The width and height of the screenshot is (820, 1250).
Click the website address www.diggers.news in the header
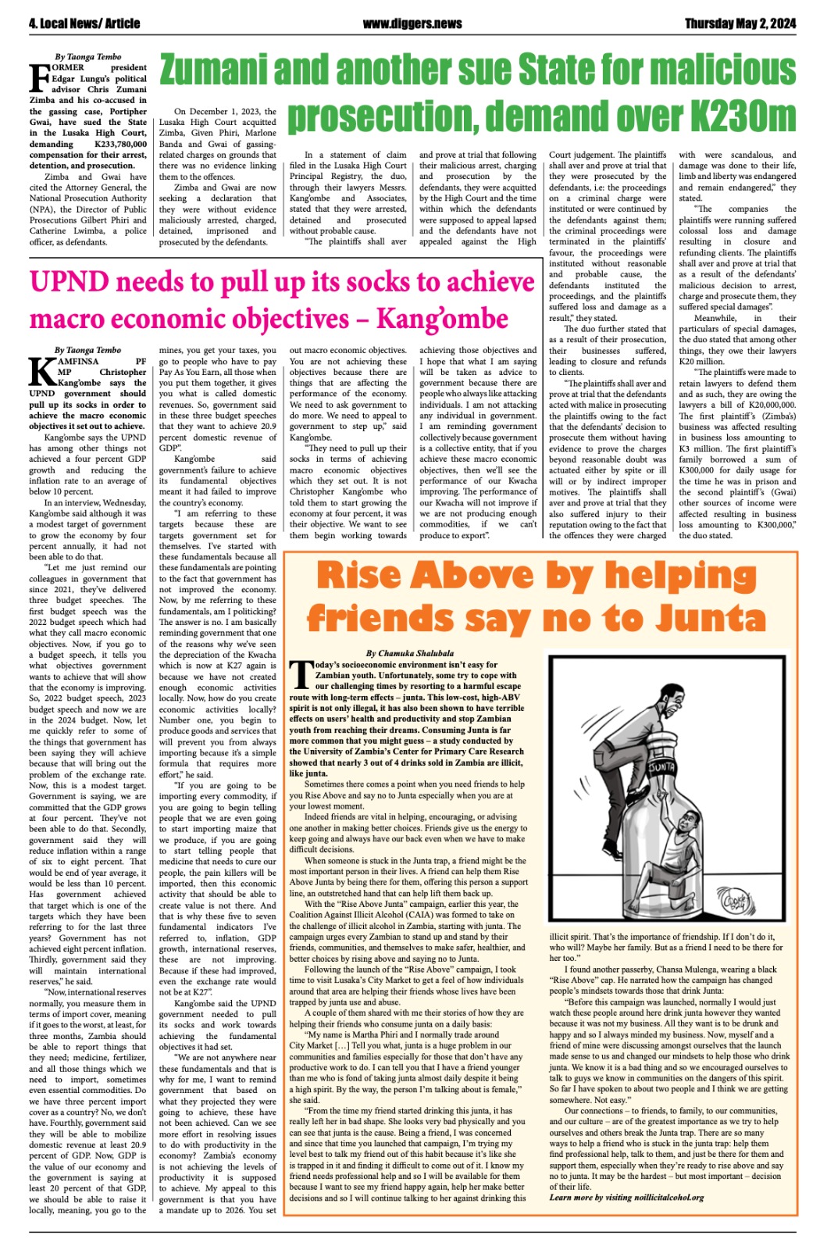click(x=412, y=23)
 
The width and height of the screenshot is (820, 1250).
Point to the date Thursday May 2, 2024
click(x=740, y=23)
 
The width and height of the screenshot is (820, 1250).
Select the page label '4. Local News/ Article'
click(x=84, y=23)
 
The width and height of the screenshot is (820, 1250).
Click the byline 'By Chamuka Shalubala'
click(x=410, y=653)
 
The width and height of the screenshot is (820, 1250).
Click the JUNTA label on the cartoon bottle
click(x=661, y=767)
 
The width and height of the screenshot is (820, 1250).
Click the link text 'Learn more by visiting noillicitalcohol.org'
click(x=626, y=1197)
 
